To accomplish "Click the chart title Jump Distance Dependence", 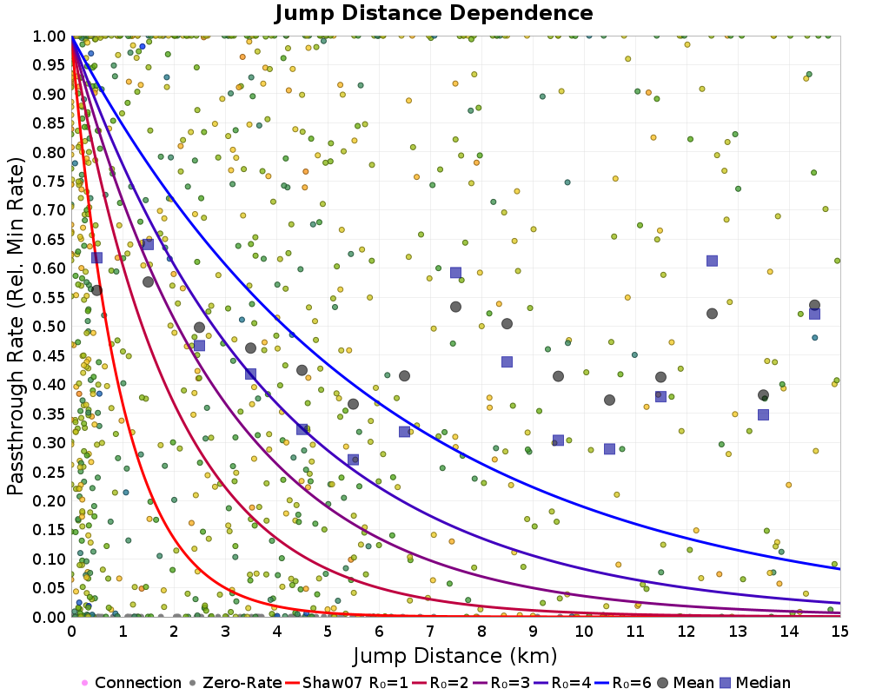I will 434,13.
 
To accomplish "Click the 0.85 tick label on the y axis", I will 50,122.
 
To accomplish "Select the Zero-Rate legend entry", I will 235,683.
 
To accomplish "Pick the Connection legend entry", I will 137,683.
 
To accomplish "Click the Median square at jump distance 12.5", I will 712,261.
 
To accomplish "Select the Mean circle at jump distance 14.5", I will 814,305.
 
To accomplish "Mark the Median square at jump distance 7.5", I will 455,272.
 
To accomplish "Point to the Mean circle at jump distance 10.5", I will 609,400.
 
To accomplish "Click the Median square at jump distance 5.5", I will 353,460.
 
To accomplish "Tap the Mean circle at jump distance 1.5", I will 148,281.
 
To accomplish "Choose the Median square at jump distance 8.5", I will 507,361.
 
